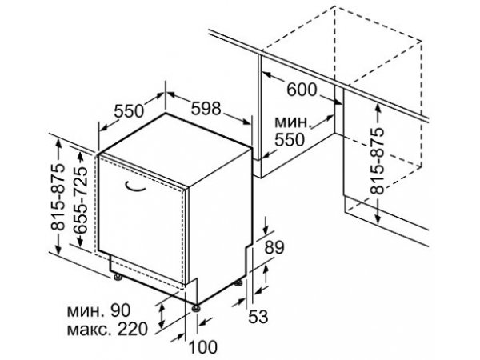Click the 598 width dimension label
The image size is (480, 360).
click(206, 108)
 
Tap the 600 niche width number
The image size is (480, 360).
click(302, 90)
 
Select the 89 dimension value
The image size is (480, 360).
click(274, 248)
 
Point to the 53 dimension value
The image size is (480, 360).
click(258, 317)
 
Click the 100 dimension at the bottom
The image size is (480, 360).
click(202, 347)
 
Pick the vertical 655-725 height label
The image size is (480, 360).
click(81, 201)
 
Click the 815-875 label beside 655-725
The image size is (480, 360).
click(58, 198)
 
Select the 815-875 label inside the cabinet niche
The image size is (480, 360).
click(378, 161)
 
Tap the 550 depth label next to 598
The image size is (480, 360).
click(129, 111)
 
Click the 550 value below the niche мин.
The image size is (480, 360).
click(290, 139)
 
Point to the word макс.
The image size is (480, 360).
click(90, 330)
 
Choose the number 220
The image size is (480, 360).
click(133, 329)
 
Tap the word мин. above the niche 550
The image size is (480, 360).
click(293, 122)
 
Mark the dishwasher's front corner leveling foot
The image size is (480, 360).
click(196, 308)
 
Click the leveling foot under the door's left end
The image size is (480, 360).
click(118, 277)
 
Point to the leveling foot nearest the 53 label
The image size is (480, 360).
click(238, 282)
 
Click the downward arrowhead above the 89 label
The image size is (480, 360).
click(266, 230)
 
